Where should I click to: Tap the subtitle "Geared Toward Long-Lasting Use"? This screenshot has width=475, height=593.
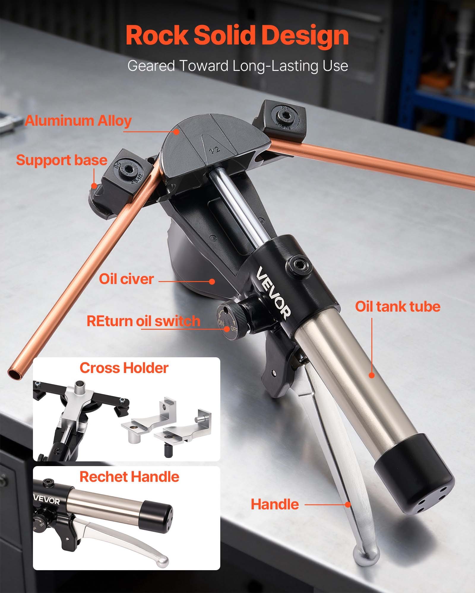(237, 66)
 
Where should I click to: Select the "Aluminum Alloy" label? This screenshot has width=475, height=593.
(78, 121)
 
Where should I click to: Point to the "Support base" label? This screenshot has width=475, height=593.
(61, 160)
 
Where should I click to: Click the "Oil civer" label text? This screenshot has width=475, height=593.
(126, 279)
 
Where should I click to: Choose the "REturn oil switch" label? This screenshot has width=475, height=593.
(143, 321)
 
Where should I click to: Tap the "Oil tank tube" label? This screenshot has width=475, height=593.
(398, 307)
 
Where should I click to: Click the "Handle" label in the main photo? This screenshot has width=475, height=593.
(275, 504)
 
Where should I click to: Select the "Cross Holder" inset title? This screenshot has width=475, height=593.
(124, 368)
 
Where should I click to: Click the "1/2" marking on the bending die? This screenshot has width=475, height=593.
(214, 150)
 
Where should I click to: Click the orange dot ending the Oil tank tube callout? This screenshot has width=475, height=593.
(372, 375)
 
